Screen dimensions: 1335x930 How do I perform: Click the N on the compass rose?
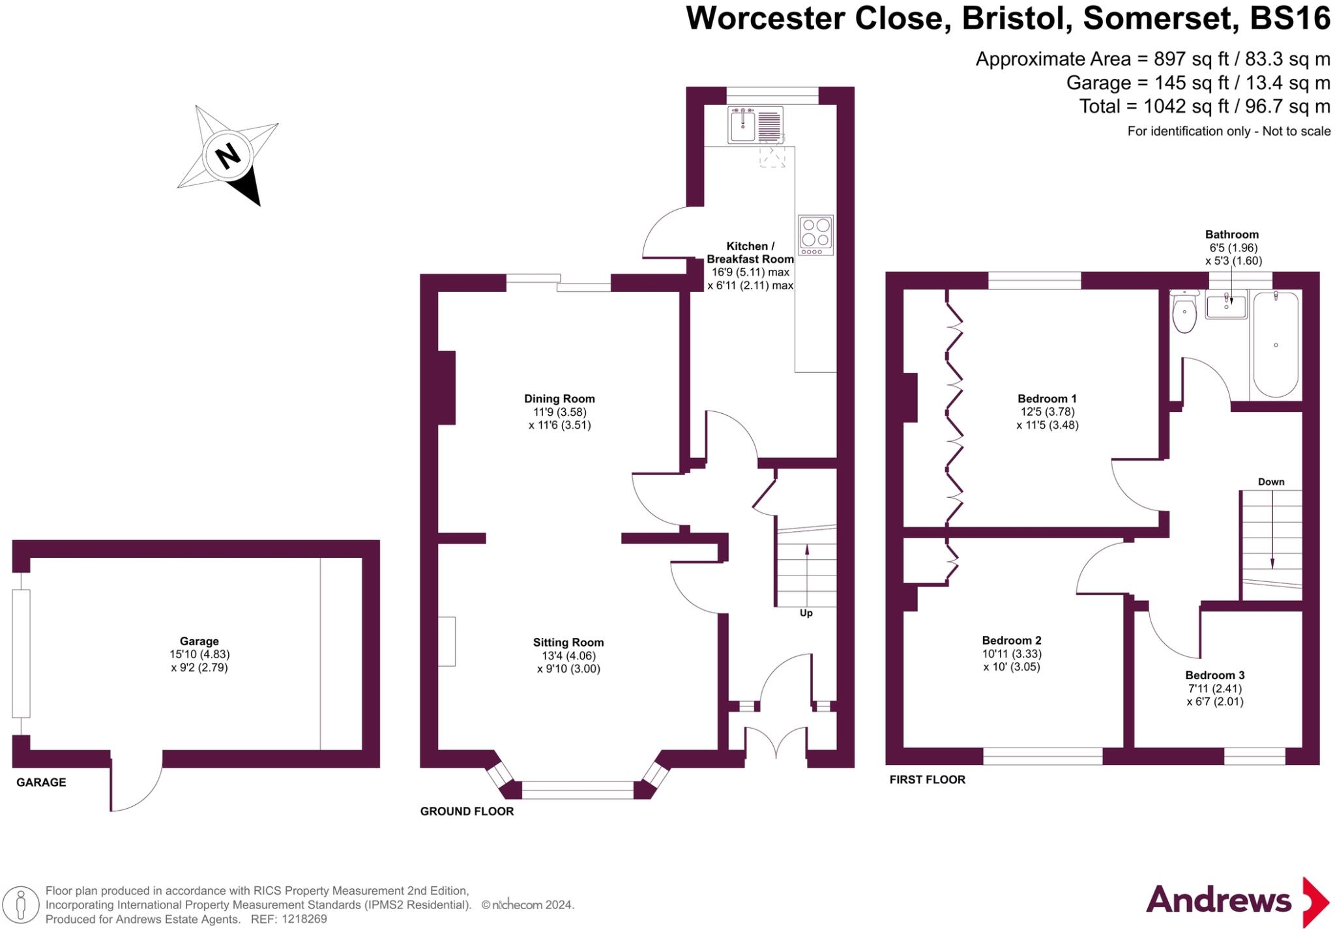[227, 156]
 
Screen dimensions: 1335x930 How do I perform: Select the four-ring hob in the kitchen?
[815, 235]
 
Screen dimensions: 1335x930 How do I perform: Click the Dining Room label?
[559, 398]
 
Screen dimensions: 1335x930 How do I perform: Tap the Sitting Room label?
[568, 642]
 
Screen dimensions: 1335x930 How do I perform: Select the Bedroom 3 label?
[1214, 675]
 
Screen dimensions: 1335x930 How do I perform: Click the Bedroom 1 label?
[1047, 398]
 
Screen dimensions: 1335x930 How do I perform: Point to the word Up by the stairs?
[806, 613]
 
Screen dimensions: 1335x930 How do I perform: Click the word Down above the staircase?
[1270, 482]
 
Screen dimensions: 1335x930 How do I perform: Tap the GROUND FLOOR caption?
[467, 811]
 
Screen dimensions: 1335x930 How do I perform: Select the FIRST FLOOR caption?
[927, 779]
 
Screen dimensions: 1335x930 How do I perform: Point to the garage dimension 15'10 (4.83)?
[199, 654]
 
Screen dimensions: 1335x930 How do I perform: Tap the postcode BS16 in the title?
[1289, 18]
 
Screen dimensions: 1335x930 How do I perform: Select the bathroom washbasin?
[1226, 306]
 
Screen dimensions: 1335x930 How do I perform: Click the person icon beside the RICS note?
[22, 905]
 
